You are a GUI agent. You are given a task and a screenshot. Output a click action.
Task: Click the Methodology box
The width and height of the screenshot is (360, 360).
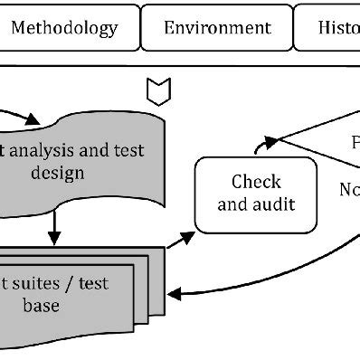pos(65,28)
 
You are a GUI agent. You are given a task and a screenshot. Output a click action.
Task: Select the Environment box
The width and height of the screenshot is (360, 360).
pos(217,28)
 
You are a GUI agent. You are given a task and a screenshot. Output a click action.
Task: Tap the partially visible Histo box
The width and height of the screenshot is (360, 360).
pos(328,28)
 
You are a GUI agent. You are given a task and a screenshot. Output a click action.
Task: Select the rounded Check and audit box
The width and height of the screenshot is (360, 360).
pos(256,193)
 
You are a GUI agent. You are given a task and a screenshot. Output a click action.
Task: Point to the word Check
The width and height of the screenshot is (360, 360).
pos(257,181)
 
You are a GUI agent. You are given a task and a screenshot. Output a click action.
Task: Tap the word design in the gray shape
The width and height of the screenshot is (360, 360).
pos(55,172)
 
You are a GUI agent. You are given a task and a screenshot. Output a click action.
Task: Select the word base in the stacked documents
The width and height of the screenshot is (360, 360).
pos(42,306)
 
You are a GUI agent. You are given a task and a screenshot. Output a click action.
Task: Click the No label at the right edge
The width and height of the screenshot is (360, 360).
pos(348,189)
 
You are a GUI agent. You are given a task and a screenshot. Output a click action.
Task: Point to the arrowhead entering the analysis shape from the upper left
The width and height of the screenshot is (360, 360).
pos(35,120)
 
